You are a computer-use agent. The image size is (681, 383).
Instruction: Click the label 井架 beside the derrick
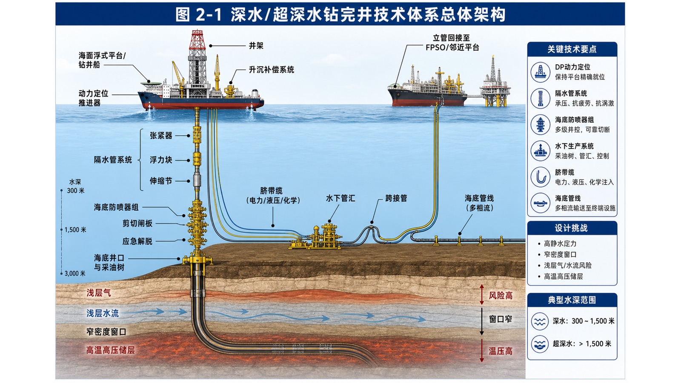(256, 46)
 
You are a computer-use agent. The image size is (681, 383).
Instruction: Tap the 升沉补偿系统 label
(272, 70)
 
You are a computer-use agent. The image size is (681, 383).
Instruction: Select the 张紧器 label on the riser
(161, 136)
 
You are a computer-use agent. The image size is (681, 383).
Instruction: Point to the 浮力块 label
(161, 160)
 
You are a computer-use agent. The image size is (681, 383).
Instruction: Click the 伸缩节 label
(161, 181)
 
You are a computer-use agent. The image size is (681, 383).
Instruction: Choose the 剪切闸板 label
(137, 223)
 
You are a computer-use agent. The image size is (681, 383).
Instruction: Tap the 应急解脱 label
(137, 241)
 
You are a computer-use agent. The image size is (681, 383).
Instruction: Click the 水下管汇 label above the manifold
(340, 198)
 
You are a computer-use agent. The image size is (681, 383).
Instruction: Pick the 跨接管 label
(396, 198)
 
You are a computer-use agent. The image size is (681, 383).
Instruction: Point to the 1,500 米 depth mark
(75, 230)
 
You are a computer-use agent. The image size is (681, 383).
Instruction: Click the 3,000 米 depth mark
(75, 274)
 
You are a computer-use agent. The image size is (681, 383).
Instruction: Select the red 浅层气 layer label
(99, 293)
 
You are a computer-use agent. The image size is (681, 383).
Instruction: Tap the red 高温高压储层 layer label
(110, 350)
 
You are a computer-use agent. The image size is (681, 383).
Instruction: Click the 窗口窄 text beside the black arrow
(501, 319)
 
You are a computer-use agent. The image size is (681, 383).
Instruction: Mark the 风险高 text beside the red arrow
(501, 295)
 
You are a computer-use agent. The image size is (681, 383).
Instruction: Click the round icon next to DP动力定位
(540, 72)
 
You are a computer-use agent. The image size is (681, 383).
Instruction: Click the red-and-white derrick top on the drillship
(197, 40)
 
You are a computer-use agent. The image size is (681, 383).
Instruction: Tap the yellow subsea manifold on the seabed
(325, 236)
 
